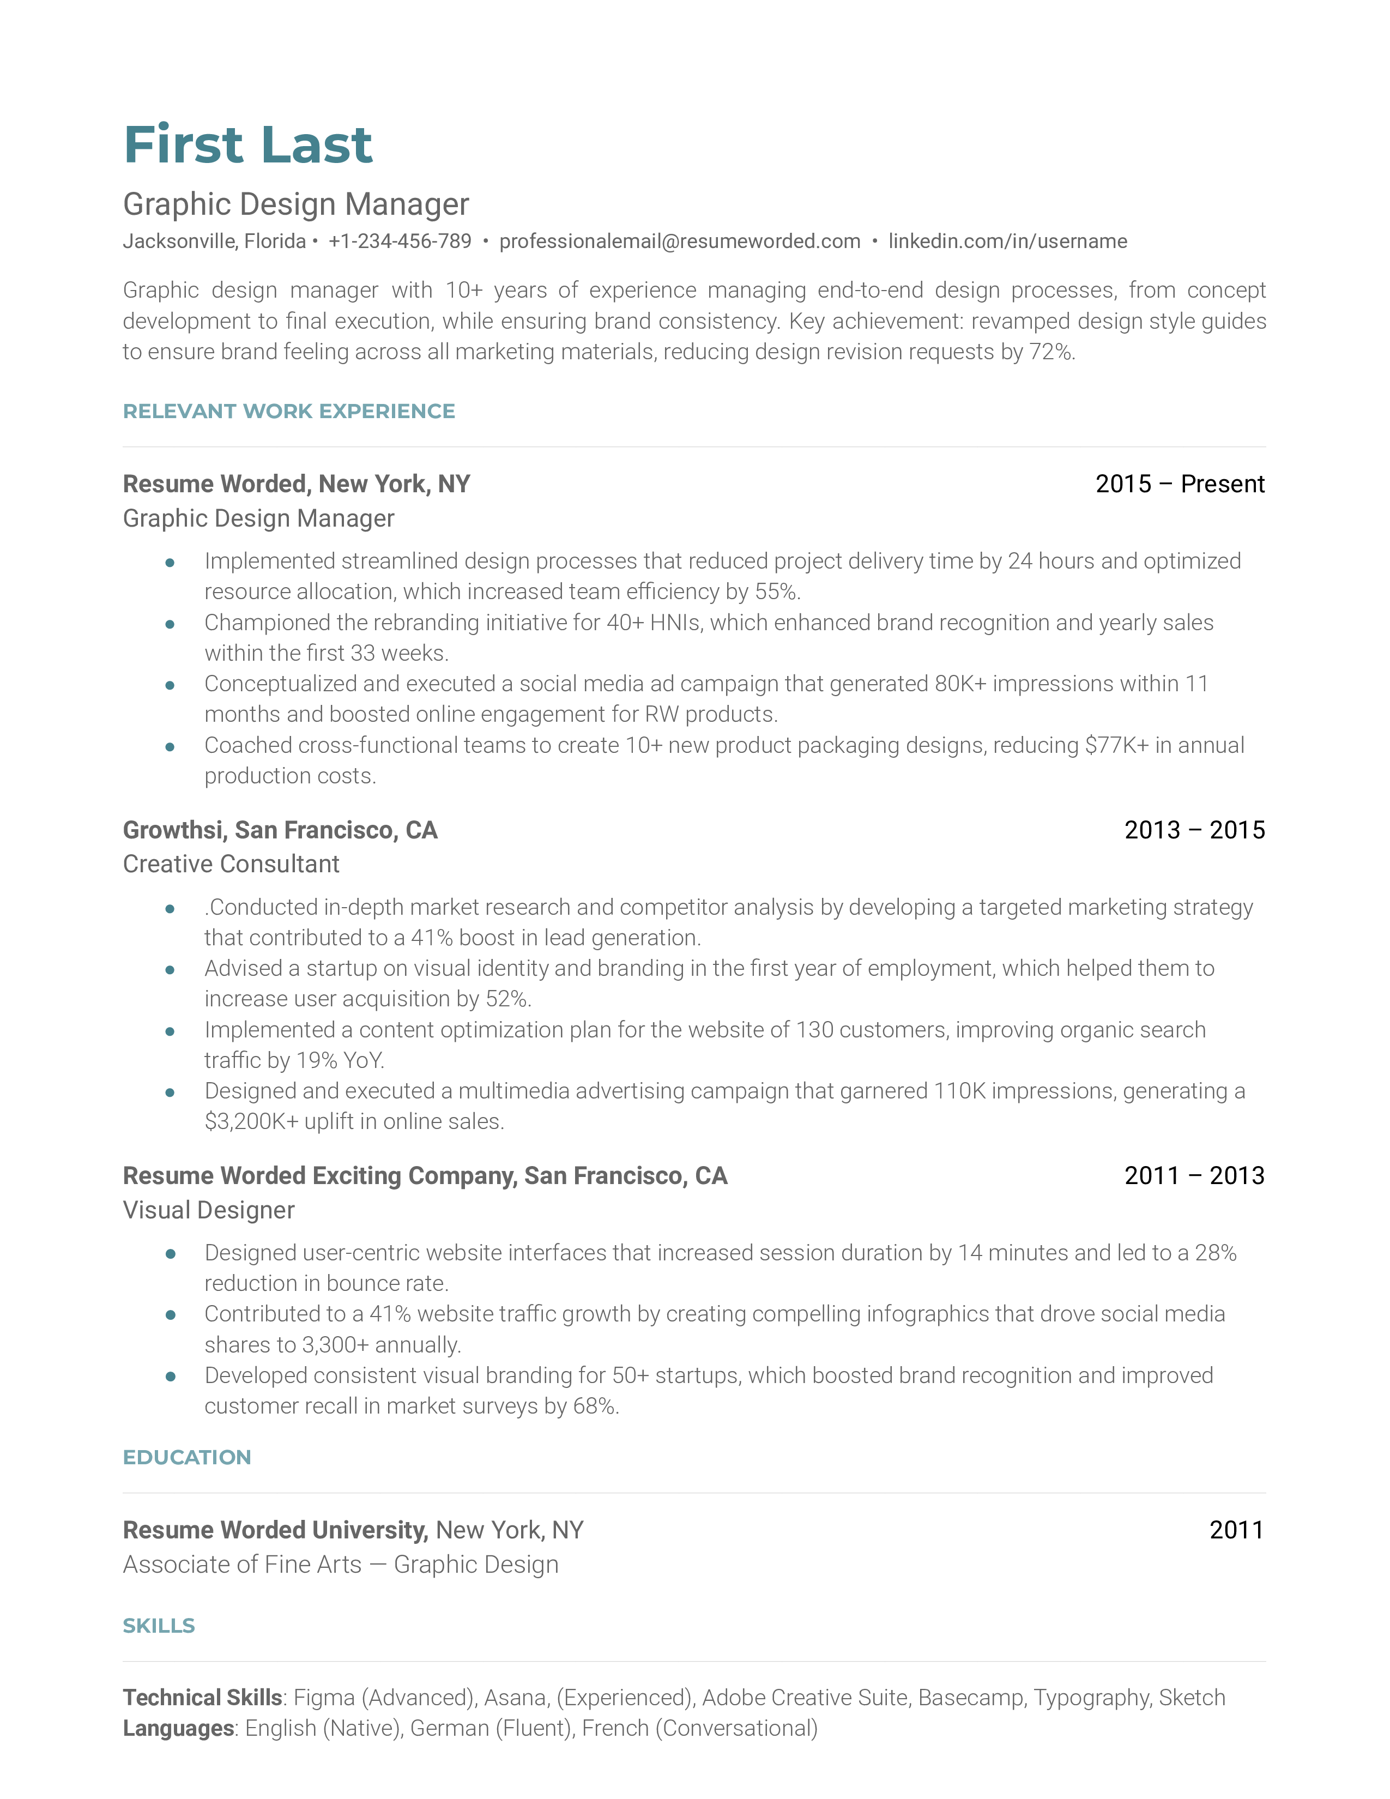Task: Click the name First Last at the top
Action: click(248, 145)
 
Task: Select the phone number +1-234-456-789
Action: click(400, 242)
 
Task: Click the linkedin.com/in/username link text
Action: click(1007, 242)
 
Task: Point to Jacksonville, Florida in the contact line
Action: click(214, 242)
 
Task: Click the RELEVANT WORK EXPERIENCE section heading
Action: click(288, 411)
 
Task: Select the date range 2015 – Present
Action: click(1179, 484)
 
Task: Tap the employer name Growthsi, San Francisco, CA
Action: click(280, 830)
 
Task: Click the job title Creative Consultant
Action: click(231, 864)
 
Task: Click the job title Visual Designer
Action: click(208, 1210)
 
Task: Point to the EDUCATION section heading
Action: click(187, 1457)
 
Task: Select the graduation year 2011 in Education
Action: click(1236, 1530)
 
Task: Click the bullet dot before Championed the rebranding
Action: click(170, 624)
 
